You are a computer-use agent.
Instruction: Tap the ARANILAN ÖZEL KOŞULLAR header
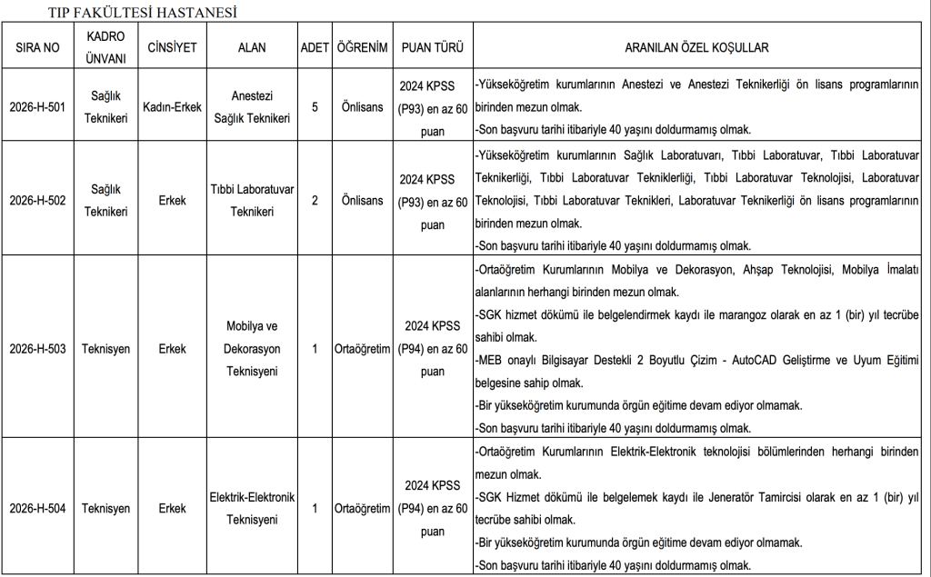pyautogui.click(x=696, y=47)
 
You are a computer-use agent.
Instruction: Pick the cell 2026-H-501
pyautogui.click(x=37, y=107)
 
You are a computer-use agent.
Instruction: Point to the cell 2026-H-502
pyautogui.click(x=37, y=200)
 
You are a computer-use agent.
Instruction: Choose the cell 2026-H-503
pyautogui.click(x=37, y=348)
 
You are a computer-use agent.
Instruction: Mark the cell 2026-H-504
pyautogui.click(x=37, y=509)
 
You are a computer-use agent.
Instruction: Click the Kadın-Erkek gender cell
pyautogui.click(x=172, y=107)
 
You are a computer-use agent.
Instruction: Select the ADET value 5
pyautogui.click(x=315, y=107)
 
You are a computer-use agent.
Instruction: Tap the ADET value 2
pyautogui.click(x=315, y=200)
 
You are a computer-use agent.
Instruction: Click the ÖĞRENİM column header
pyautogui.click(x=362, y=47)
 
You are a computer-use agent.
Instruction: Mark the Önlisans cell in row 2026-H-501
pyautogui.click(x=362, y=107)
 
